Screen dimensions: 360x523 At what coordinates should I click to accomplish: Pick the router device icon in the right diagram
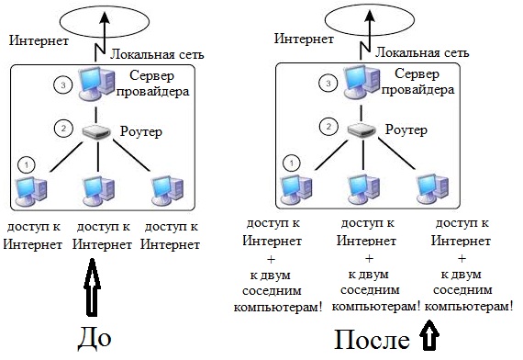[362, 130]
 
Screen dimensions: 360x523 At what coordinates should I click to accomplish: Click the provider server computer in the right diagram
[360, 84]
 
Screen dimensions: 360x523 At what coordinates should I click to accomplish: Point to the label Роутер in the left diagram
[141, 132]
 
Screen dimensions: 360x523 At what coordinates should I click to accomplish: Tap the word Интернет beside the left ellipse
[38, 40]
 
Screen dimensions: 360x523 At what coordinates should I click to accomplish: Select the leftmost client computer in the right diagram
[295, 189]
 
